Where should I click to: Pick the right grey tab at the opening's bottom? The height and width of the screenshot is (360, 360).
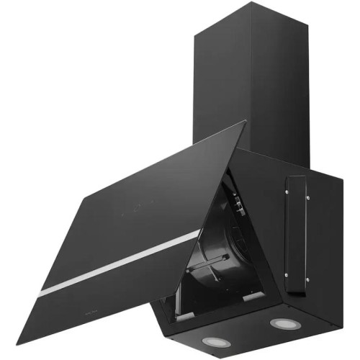[253, 296]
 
